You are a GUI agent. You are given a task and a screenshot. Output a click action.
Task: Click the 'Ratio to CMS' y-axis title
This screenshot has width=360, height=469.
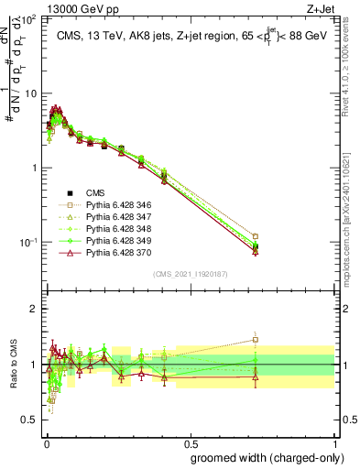12,365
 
